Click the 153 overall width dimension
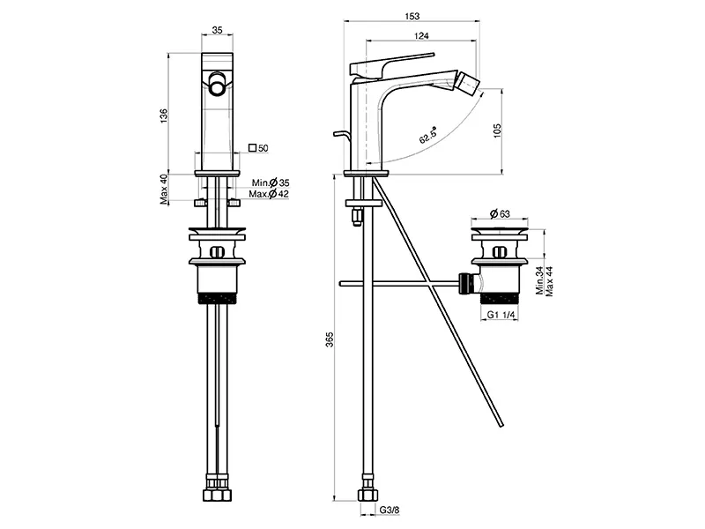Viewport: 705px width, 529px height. [x=412, y=16]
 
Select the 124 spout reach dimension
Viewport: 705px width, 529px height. [x=421, y=36]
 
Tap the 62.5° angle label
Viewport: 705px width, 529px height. [x=428, y=135]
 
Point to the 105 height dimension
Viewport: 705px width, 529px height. [x=497, y=130]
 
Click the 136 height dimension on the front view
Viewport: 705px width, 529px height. [x=164, y=115]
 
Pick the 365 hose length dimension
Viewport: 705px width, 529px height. [x=330, y=339]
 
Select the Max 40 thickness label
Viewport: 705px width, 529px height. [x=164, y=190]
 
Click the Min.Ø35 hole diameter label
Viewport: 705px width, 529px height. [x=271, y=183]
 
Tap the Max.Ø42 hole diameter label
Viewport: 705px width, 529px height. [x=269, y=194]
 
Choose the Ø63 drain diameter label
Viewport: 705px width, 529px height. [x=499, y=213]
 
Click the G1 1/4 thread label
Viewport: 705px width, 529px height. [x=501, y=315]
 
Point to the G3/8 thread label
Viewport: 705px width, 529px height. [x=390, y=510]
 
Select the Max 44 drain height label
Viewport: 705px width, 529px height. [x=549, y=281]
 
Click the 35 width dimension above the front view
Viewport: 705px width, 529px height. [x=218, y=30]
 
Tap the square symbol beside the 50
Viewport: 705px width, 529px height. [x=253, y=147]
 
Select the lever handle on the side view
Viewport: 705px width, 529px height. [x=391, y=64]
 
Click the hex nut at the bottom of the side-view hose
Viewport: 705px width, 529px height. [x=367, y=495]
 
